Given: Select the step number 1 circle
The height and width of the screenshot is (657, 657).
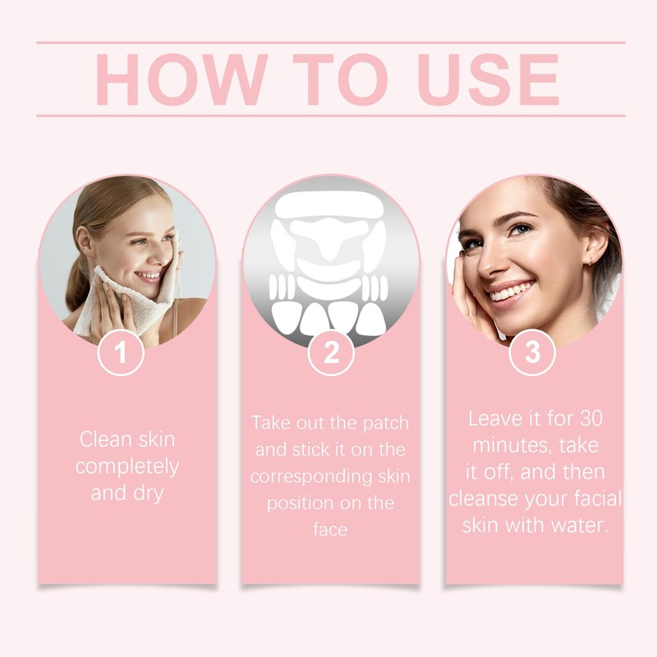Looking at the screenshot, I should (121, 354).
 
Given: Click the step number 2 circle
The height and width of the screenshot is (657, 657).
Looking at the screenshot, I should (331, 354).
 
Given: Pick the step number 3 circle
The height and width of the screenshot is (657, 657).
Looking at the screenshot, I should (533, 352).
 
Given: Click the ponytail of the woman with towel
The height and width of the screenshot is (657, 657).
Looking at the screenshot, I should (76, 279).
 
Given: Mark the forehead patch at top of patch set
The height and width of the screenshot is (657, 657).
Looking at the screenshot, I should (330, 202).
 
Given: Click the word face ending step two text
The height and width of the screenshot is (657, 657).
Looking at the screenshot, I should (330, 530).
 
